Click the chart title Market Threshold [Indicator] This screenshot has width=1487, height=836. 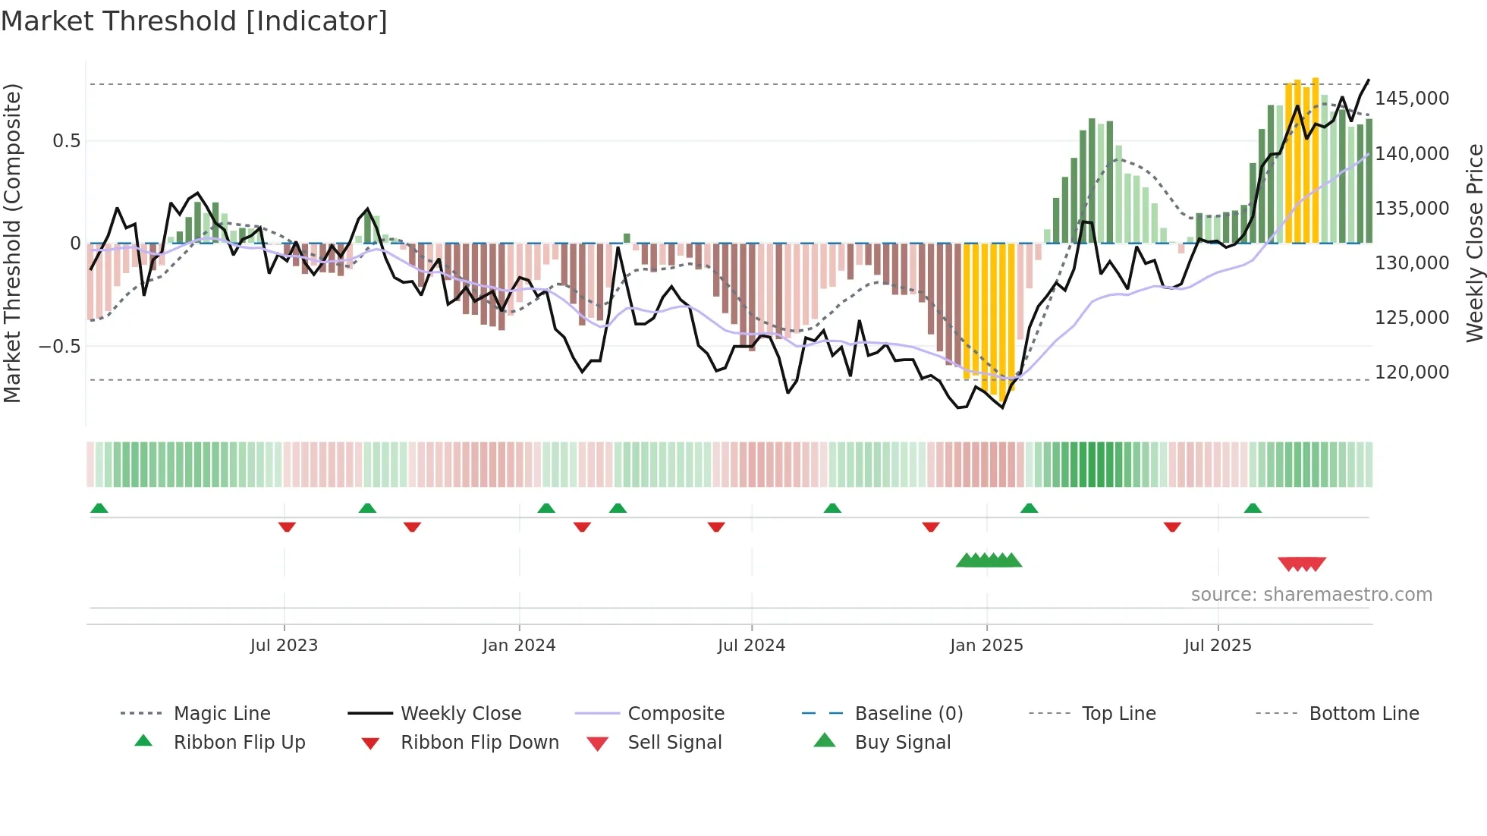(x=194, y=21)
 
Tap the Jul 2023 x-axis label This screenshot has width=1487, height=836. (x=284, y=646)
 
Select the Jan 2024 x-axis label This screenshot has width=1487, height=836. (x=519, y=646)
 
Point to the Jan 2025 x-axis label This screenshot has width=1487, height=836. (x=986, y=646)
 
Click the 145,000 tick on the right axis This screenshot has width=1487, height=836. (x=1411, y=99)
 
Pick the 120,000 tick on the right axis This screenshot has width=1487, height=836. (x=1411, y=372)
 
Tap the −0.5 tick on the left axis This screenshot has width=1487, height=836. (x=59, y=347)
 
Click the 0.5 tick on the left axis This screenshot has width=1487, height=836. (x=66, y=141)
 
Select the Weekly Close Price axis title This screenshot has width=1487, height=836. (x=1474, y=243)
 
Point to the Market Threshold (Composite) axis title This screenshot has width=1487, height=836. (x=12, y=243)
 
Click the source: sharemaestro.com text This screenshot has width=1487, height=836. (x=1311, y=595)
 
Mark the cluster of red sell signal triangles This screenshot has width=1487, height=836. (x=1302, y=564)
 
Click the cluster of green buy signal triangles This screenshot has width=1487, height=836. (x=989, y=561)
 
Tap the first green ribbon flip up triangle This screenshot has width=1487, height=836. (x=99, y=508)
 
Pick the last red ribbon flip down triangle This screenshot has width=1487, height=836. (x=1172, y=526)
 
